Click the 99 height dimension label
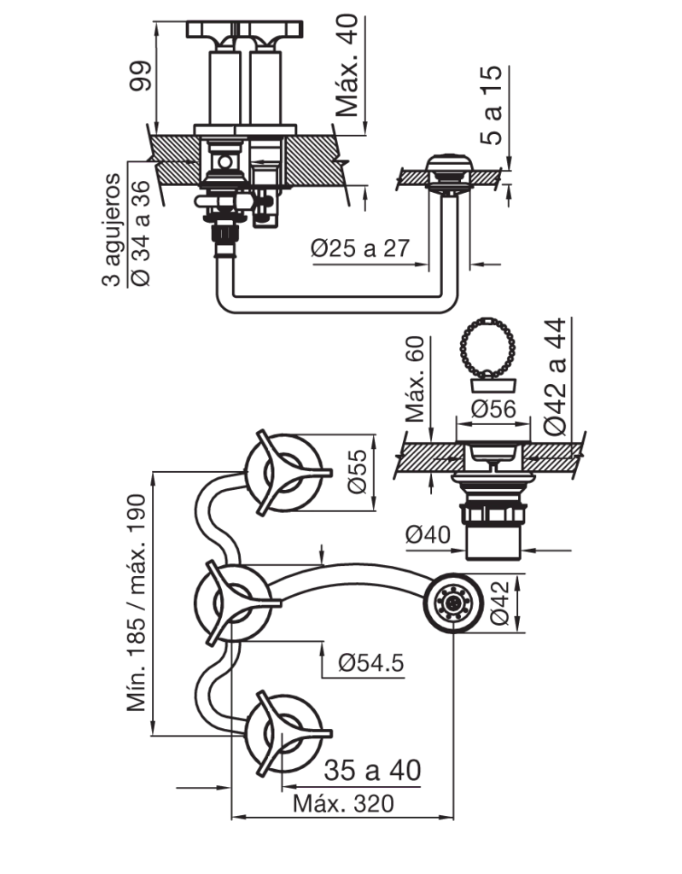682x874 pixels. coord(140,76)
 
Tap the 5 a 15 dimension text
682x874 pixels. coord(492,105)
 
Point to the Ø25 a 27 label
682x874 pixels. coord(361,248)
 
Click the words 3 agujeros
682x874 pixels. coord(112,230)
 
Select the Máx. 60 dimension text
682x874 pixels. coord(416,379)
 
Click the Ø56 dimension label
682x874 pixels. coord(493,409)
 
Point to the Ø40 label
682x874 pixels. coord(428,535)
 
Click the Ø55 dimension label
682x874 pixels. coord(358,471)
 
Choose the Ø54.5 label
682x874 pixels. coord(370,662)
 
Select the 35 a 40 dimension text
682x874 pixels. coord(372,771)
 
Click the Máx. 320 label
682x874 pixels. coord(343,804)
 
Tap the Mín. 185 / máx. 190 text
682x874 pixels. coord(137,603)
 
